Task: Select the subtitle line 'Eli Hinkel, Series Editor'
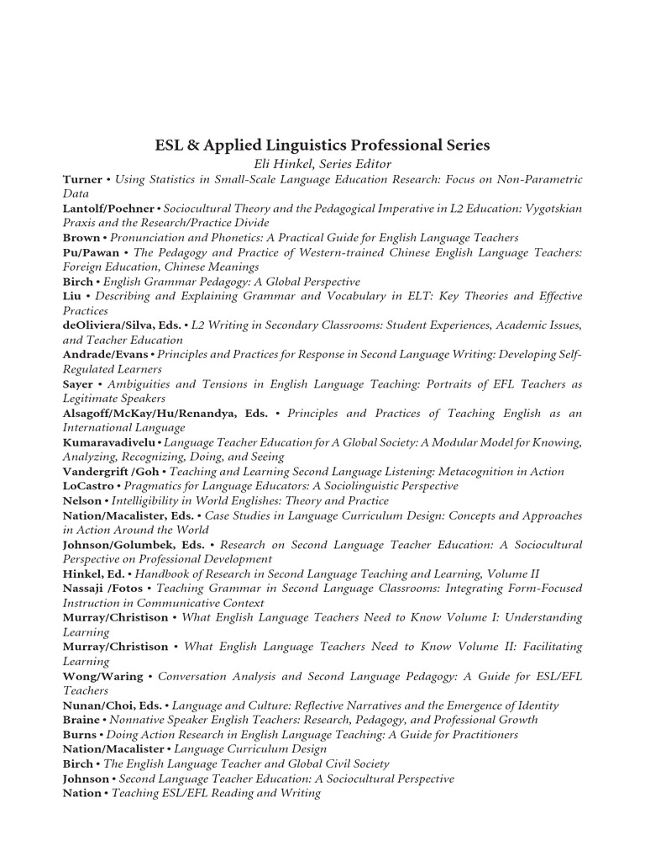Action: click(x=322, y=164)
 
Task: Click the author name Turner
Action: click(x=82, y=179)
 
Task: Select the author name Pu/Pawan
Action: click(x=91, y=252)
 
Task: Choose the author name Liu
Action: click(x=73, y=296)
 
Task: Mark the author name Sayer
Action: click(x=78, y=384)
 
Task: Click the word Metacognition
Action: click(x=464, y=472)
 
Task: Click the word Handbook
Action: click(x=170, y=574)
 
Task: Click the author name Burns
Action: click(x=81, y=735)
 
